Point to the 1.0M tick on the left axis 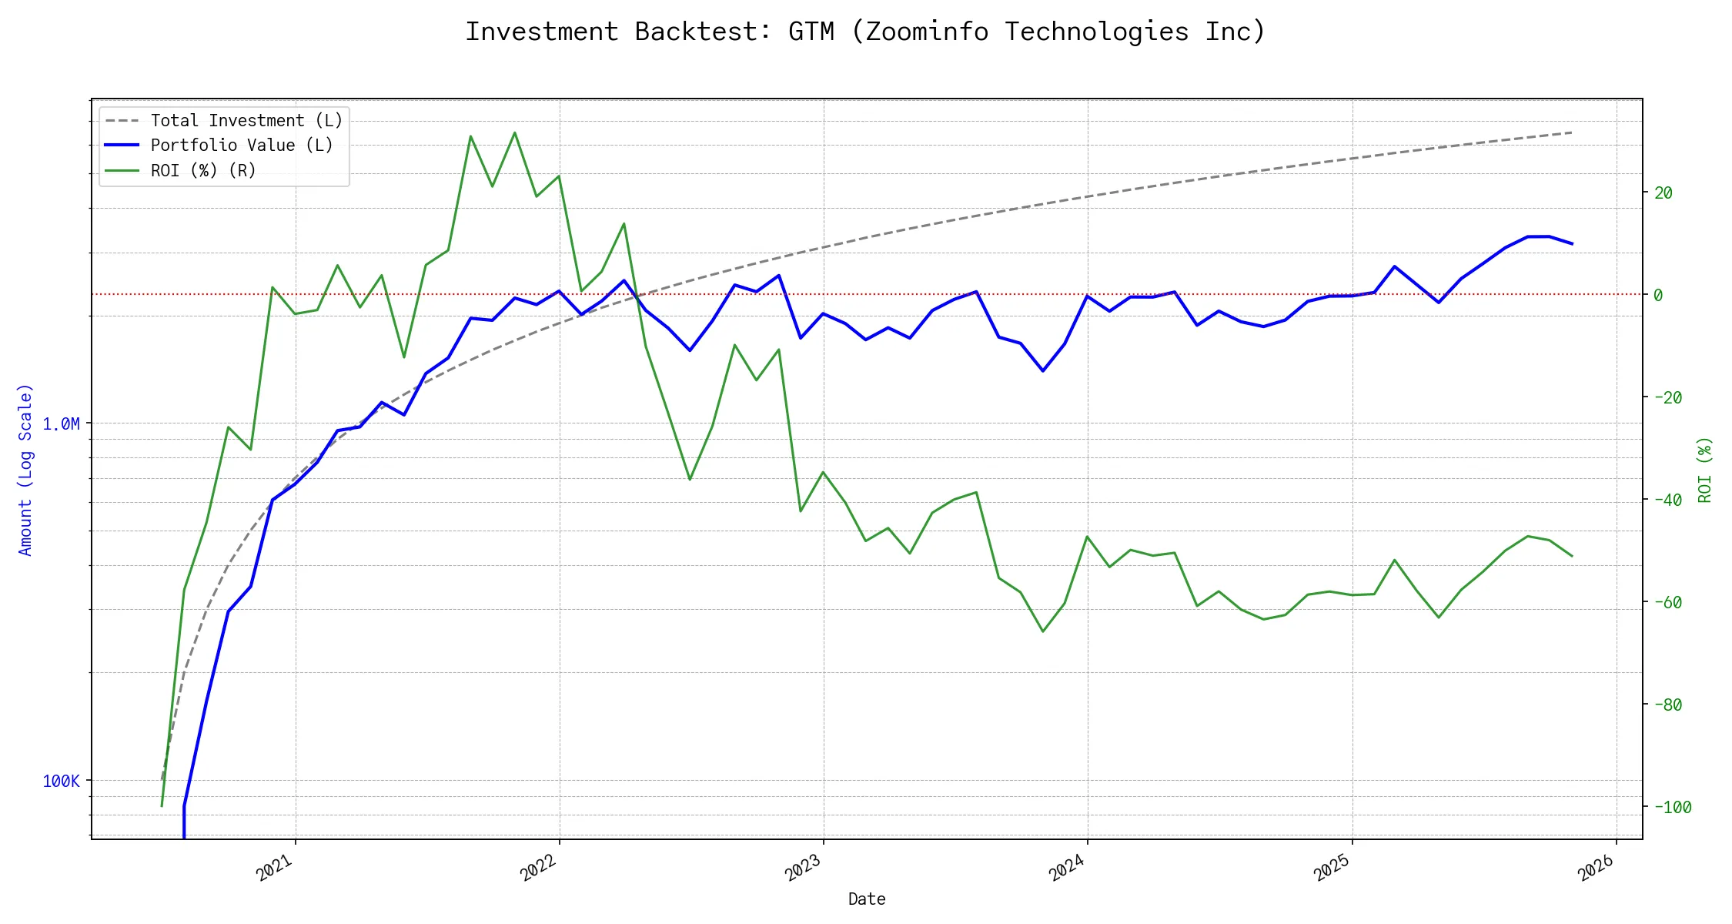click(x=61, y=423)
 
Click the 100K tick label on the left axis click(x=61, y=781)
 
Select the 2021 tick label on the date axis click(x=276, y=869)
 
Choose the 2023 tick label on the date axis click(x=804, y=869)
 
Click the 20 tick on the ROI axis click(x=1663, y=192)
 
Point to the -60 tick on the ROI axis click(x=1667, y=602)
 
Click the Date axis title click(x=867, y=899)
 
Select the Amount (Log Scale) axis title click(x=25, y=469)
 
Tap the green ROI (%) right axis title click(x=1705, y=469)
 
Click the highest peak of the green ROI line click(x=514, y=132)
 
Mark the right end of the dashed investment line click(x=1572, y=132)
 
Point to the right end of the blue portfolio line click(x=1572, y=243)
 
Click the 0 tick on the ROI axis click(x=1658, y=295)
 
